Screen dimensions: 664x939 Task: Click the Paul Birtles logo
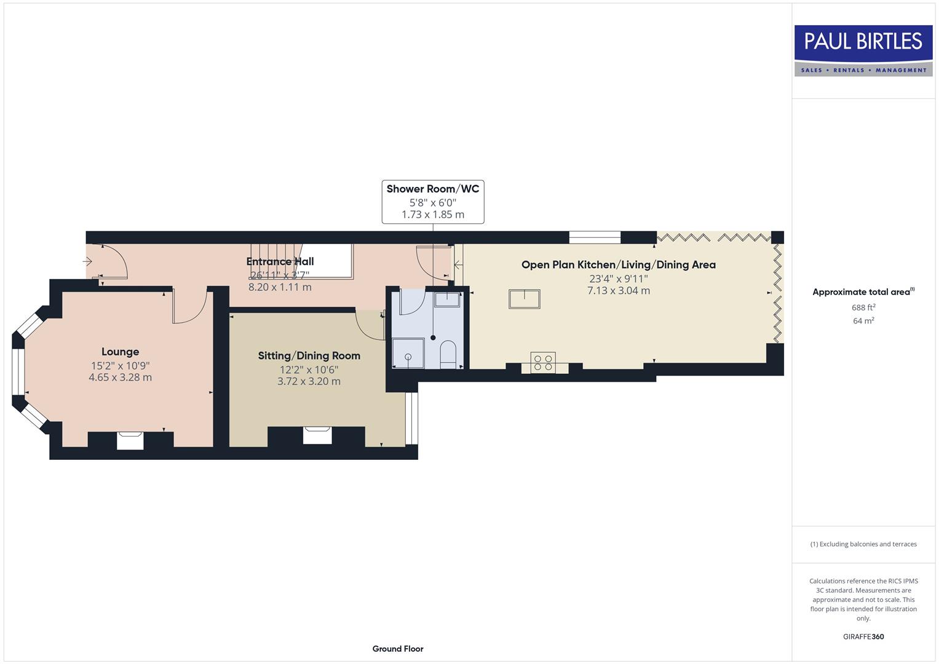(x=863, y=50)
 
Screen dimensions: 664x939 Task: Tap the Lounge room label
(x=120, y=352)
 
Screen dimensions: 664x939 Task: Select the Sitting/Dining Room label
(x=309, y=355)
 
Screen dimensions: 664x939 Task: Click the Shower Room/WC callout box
(x=432, y=202)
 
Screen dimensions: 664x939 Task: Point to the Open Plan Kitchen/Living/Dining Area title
(x=618, y=264)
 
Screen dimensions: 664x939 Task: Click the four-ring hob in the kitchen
(x=543, y=362)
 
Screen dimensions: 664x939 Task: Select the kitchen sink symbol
(x=524, y=299)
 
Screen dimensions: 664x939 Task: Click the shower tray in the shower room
(x=408, y=353)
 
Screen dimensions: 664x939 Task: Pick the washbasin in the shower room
(x=447, y=299)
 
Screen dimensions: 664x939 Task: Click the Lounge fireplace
(x=130, y=441)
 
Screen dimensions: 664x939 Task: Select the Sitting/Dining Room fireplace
(x=317, y=435)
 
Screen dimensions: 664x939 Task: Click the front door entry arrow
(x=87, y=261)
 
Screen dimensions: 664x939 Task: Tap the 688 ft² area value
(x=863, y=307)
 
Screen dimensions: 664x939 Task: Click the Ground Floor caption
(x=398, y=649)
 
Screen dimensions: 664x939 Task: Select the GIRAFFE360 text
(x=863, y=636)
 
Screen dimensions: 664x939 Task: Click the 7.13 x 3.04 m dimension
(x=618, y=291)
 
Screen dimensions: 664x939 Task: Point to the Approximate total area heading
(x=863, y=292)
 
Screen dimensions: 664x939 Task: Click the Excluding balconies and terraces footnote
(x=863, y=544)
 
